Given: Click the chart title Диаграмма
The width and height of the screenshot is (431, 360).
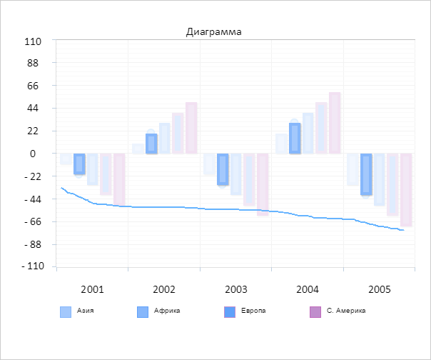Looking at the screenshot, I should click(213, 31).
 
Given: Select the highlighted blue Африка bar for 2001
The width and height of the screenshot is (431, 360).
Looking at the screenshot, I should click(79, 164).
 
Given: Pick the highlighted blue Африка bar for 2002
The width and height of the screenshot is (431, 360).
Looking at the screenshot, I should click(151, 144).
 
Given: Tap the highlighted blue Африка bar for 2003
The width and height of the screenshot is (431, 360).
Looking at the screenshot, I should click(223, 169).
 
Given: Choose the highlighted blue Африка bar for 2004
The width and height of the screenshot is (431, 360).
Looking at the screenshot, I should click(295, 139).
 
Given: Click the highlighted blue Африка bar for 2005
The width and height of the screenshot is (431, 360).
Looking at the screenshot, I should click(366, 174).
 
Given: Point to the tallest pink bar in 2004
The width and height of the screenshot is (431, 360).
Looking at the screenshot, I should click(335, 123).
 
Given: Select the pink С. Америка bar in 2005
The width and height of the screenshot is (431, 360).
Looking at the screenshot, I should click(406, 189).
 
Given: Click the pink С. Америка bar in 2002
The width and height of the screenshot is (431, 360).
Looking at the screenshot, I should click(191, 128).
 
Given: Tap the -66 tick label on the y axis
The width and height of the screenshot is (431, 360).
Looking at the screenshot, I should click(31, 221).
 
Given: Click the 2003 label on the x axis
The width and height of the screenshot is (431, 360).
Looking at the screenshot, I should click(236, 290).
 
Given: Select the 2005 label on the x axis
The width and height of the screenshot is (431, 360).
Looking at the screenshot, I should click(379, 290).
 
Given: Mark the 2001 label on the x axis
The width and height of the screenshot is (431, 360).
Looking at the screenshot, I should click(92, 290).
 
